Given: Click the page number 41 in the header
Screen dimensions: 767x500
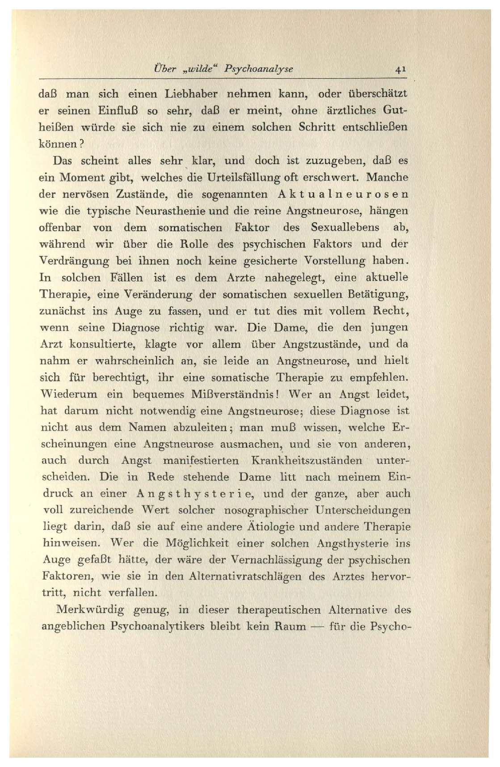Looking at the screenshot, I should tap(400, 69).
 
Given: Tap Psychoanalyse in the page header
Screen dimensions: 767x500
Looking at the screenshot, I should tap(259, 69).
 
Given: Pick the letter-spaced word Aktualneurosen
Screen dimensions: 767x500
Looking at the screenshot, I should tap(342, 195).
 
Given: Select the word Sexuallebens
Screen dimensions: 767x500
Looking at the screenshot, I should tap(345, 228).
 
